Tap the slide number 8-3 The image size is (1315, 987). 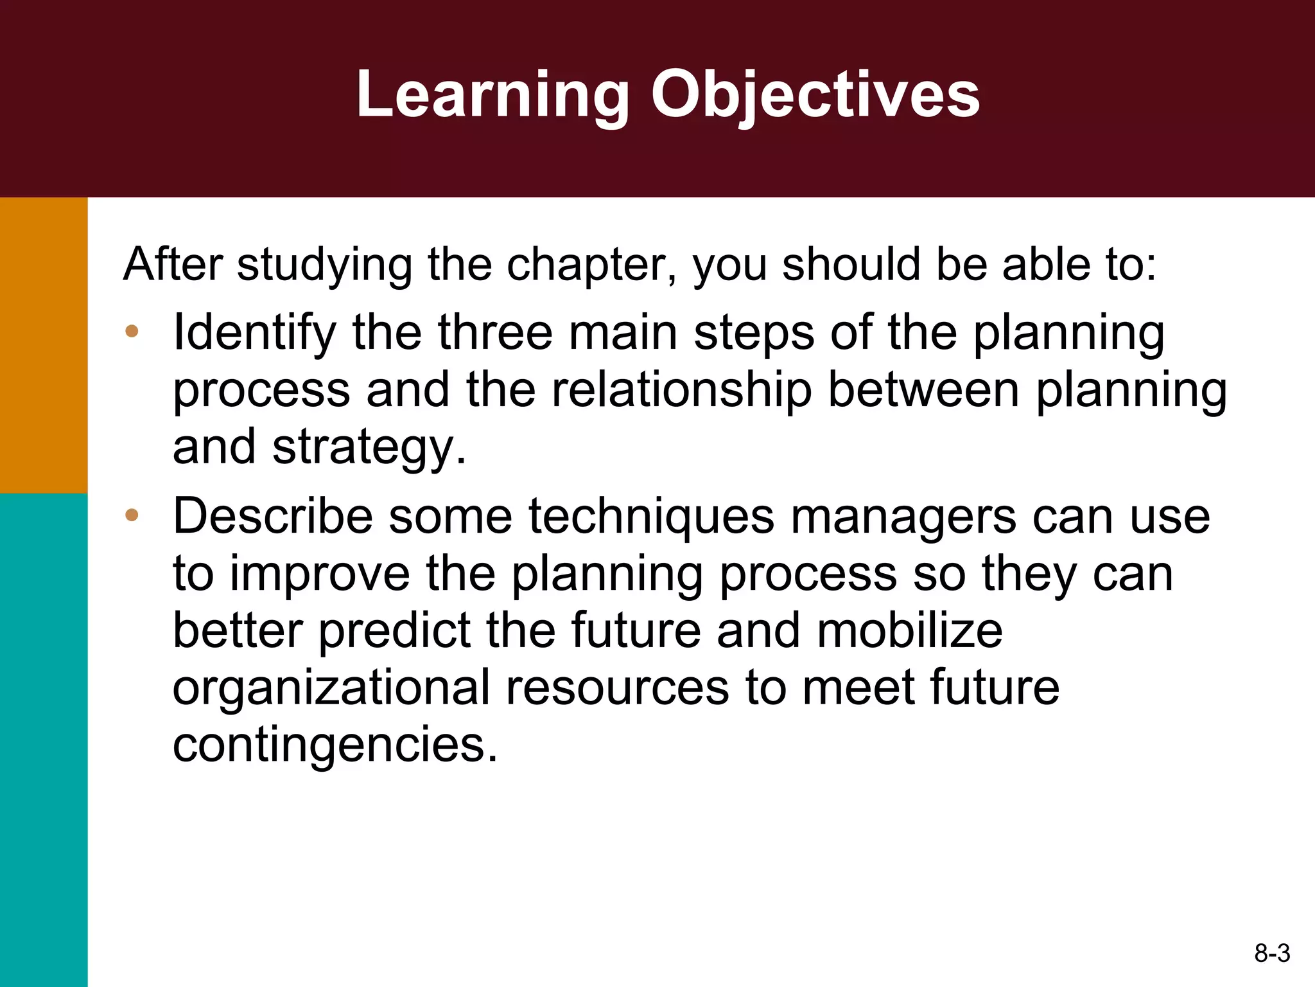1271,953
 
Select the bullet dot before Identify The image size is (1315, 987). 132,332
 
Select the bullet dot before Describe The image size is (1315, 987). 132,515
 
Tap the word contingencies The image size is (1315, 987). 335,745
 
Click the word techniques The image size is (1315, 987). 651,518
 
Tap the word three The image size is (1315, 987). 494,333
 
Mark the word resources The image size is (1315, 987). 617,688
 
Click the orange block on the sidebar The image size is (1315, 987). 44,345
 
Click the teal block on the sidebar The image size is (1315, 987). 44,739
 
